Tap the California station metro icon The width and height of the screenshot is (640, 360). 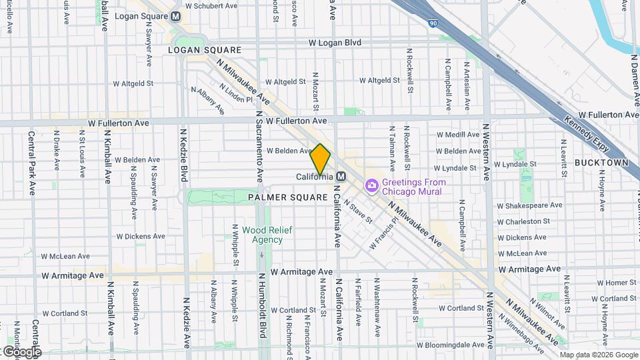coord(341,177)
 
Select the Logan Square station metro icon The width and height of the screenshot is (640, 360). coord(175,16)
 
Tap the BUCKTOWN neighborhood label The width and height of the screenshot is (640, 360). coord(601,163)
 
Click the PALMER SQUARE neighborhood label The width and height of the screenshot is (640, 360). coord(288,198)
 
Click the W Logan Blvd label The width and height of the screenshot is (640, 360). coord(335,43)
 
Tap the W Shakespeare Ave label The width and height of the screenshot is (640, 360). coord(529,205)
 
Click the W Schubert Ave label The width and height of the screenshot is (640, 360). coord(211,6)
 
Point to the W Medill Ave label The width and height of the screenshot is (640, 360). coord(458,135)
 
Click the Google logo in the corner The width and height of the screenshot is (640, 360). coord(21,352)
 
